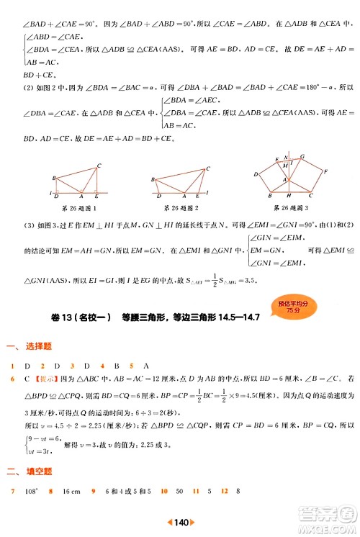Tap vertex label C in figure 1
click(99, 166)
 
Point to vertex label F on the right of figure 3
click(326, 171)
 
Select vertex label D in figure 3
click(257, 173)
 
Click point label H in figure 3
click(287, 197)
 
